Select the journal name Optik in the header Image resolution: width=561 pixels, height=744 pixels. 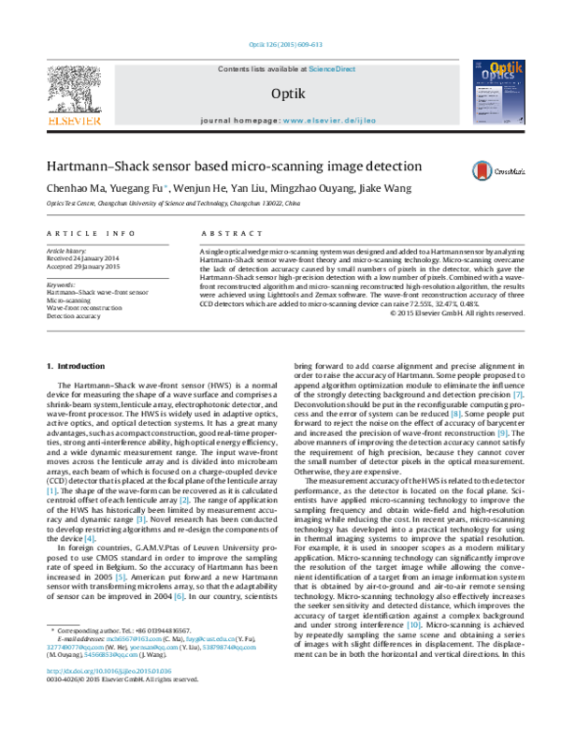pos(280,93)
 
